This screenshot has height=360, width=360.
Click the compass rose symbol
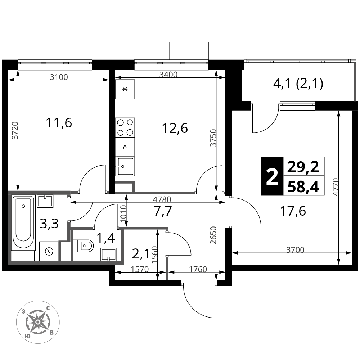38,322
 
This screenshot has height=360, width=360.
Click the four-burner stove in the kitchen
125,127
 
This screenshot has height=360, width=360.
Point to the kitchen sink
125,166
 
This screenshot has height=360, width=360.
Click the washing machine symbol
49,251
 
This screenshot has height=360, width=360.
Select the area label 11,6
59,123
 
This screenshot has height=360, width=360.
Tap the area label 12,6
175,128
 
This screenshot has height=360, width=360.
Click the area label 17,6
293,211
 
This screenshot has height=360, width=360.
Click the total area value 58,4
303,187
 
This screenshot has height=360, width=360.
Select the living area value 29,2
303,167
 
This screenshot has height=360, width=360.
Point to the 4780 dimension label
162,199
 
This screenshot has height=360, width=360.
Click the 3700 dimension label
295,250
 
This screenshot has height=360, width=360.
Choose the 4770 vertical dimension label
336,187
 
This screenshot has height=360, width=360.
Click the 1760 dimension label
198,269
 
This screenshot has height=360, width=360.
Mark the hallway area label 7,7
163,211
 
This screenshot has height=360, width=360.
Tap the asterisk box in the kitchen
125,89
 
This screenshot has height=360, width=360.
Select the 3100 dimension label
59,77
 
